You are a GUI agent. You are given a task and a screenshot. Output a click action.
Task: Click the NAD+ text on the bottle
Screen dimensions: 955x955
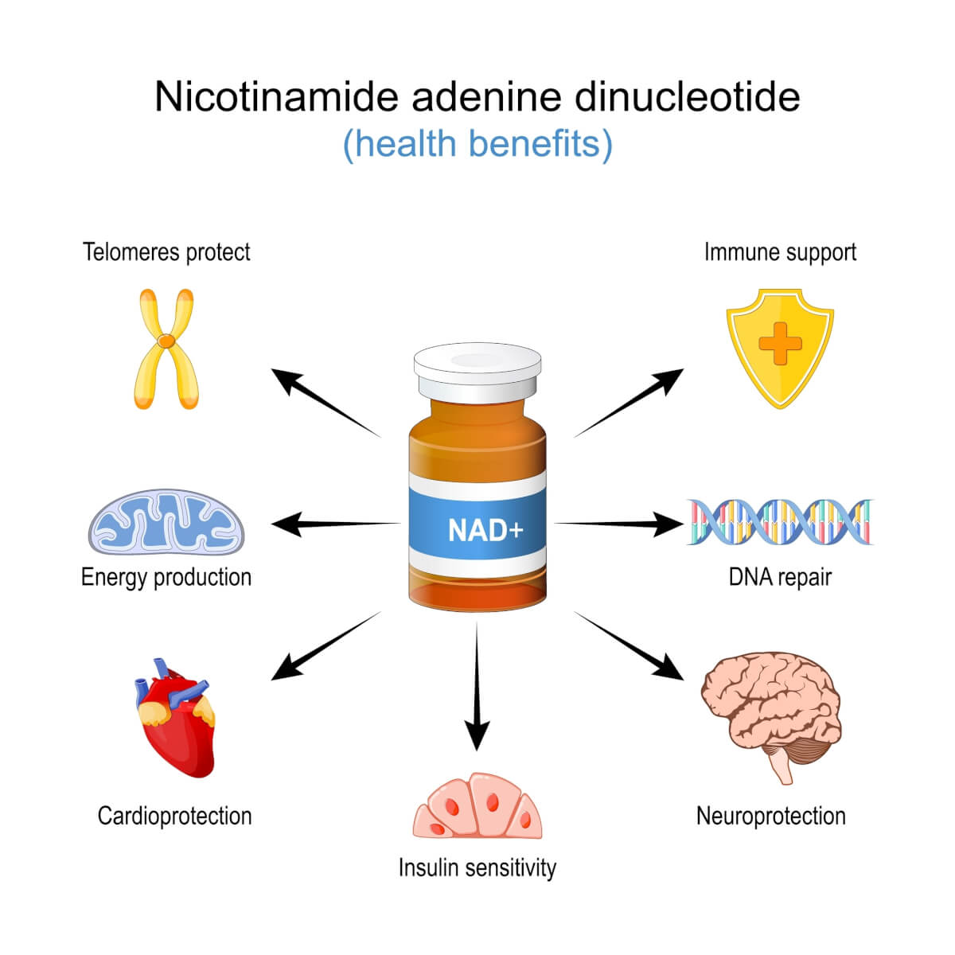485,530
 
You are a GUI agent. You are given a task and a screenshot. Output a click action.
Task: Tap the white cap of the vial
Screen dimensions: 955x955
477,368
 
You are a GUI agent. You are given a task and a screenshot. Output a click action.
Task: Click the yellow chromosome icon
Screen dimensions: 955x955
166,348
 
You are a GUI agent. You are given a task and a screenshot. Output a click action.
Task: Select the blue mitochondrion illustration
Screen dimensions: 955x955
166,523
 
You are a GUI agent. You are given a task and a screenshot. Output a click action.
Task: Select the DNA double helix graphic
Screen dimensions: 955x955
780,522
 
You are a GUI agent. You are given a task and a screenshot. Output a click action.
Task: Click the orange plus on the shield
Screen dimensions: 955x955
780,344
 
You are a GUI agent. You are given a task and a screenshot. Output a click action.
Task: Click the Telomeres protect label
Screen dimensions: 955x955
166,252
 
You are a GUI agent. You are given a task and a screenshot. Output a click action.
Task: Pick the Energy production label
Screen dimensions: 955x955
166,577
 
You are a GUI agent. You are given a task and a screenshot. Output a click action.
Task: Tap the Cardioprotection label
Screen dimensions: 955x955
174,816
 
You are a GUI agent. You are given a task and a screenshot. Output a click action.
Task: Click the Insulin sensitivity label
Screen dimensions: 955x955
477,867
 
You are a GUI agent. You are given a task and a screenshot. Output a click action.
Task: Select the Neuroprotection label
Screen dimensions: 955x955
770,816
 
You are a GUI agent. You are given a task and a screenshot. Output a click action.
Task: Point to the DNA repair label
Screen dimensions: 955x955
780,577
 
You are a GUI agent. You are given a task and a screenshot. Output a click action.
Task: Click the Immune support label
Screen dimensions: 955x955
780,252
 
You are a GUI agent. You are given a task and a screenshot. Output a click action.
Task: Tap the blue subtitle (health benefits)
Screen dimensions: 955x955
477,144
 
